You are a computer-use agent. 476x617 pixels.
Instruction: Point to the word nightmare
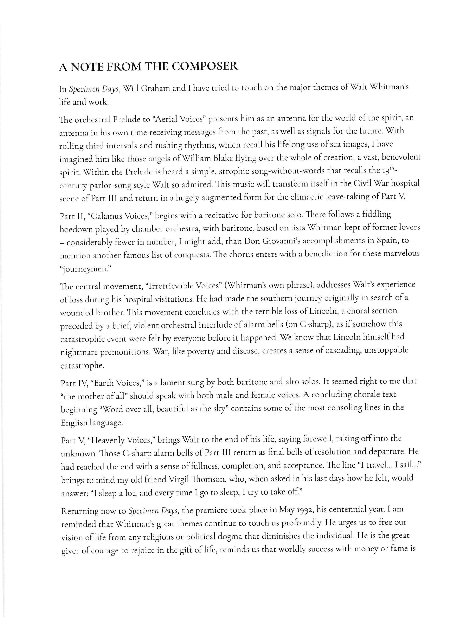click(x=79, y=353)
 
